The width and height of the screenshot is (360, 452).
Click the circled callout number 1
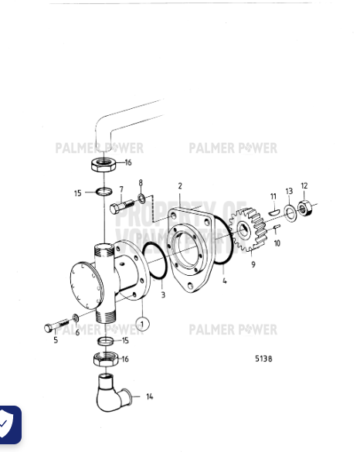142,321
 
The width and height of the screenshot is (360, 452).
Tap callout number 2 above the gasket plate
180,186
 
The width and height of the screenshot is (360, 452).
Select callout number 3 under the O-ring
163,294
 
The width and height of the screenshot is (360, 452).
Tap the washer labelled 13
288,212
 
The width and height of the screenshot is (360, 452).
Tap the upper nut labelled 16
104,164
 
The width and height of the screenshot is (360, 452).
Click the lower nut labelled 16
104,359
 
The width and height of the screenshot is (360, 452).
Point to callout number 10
277,243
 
